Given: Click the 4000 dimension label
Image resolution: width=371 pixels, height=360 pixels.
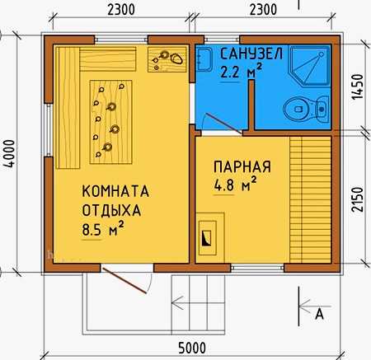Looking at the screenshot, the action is pos(10,153).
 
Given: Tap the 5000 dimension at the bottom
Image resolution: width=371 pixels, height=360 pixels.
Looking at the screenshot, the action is pos(192,348).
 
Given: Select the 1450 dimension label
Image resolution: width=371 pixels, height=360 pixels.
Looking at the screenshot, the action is pos(358,86).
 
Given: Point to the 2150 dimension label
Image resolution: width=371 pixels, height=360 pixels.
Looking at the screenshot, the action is pos(358,199).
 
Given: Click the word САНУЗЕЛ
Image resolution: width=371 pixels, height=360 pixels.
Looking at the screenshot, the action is pos(251,54).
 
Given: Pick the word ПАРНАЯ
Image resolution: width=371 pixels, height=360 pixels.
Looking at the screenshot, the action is pos(242,166).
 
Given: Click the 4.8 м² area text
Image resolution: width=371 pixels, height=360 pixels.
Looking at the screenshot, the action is pos(236,184).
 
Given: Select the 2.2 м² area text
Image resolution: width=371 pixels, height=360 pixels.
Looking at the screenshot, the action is pos(242,71).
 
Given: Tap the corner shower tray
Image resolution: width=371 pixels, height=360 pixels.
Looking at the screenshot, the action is pos(310,65).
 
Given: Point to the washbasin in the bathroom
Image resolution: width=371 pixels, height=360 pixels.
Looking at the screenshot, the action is pos(204,59).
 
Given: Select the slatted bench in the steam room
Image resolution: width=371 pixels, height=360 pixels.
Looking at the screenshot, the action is pos(310,199).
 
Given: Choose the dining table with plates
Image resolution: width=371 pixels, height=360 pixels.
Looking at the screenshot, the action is pos(111,122).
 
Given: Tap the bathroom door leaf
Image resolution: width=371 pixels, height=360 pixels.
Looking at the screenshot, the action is pos(223,124).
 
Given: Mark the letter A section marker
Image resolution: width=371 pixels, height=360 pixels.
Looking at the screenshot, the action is pos(319,314).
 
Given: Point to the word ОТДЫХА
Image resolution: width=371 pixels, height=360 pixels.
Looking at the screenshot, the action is pos(111,210).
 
